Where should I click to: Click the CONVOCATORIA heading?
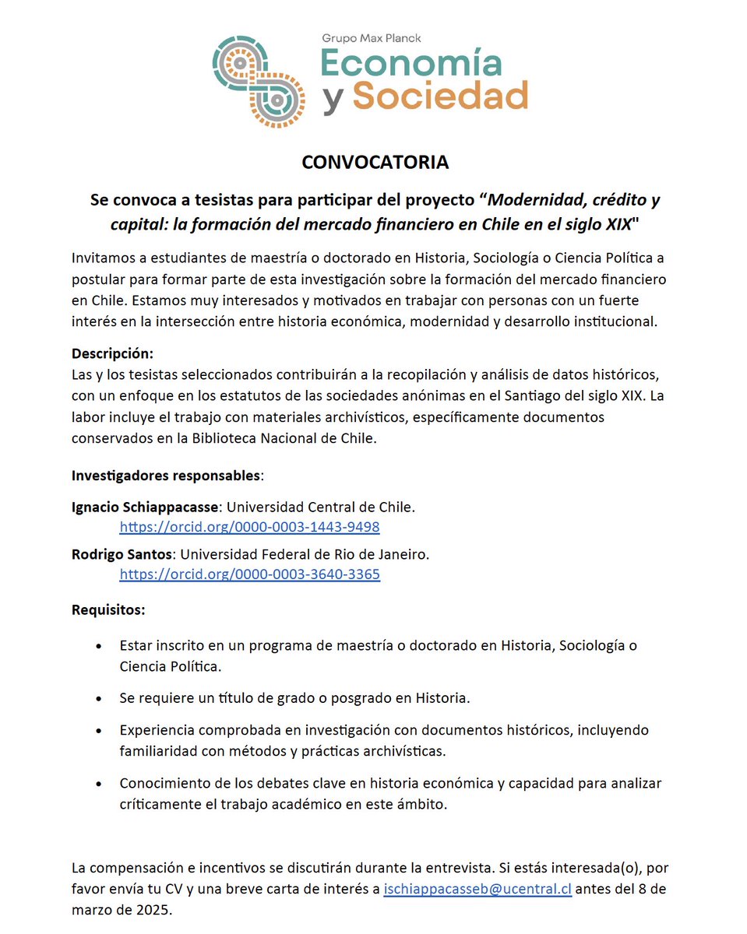pyautogui.click(x=375, y=162)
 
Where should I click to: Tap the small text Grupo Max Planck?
pyautogui.click(x=371, y=37)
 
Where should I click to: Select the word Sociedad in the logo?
pyautogui.click(x=440, y=96)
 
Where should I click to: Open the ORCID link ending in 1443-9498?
pyautogui.click(x=249, y=527)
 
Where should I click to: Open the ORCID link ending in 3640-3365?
pyautogui.click(x=249, y=574)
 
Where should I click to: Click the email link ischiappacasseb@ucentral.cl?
pyautogui.click(x=477, y=888)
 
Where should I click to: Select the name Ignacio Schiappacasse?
pyautogui.click(x=146, y=507)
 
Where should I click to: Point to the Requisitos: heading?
pyautogui.click(x=108, y=609)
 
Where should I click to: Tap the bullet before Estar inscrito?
pyautogui.click(x=97, y=647)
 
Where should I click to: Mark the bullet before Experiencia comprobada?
pyautogui.click(x=97, y=732)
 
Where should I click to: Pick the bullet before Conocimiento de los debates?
pyautogui.click(x=97, y=784)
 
